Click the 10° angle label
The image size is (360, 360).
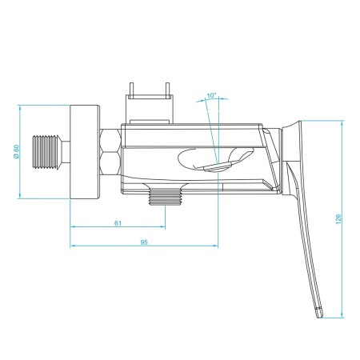point(210,96)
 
